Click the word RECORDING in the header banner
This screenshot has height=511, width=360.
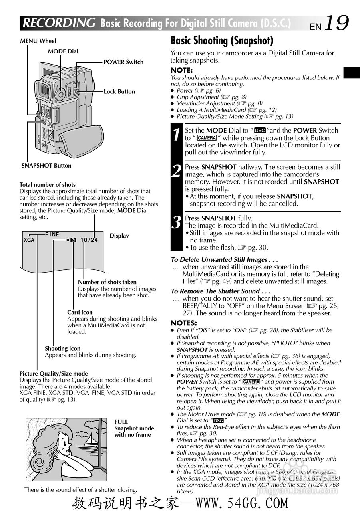(x=59, y=23)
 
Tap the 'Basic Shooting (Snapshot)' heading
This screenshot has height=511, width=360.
(x=222, y=40)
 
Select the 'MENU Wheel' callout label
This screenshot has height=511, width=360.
(x=38, y=41)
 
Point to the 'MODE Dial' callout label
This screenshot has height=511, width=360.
(x=63, y=51)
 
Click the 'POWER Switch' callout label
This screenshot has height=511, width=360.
(x=123, y=62)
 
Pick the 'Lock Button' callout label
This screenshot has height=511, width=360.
(x=119, y=92)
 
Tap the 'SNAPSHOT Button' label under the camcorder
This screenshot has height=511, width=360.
(x=46, y=166)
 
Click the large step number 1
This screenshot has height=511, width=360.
(x=177, y=135)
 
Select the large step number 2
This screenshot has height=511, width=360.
(x=177, y=171)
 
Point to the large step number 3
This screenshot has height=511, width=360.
(x=177, y=222)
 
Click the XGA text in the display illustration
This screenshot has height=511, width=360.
(x=29, y=240)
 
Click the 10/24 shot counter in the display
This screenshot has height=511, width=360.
(x=89, y=240)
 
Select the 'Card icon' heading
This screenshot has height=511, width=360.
(x=80, y=313)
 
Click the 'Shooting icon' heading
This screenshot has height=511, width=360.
(x=62, y=349)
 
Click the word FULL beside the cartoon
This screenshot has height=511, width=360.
(x=121, y=422)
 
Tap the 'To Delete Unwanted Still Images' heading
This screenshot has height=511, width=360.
(x=225, y=260)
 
